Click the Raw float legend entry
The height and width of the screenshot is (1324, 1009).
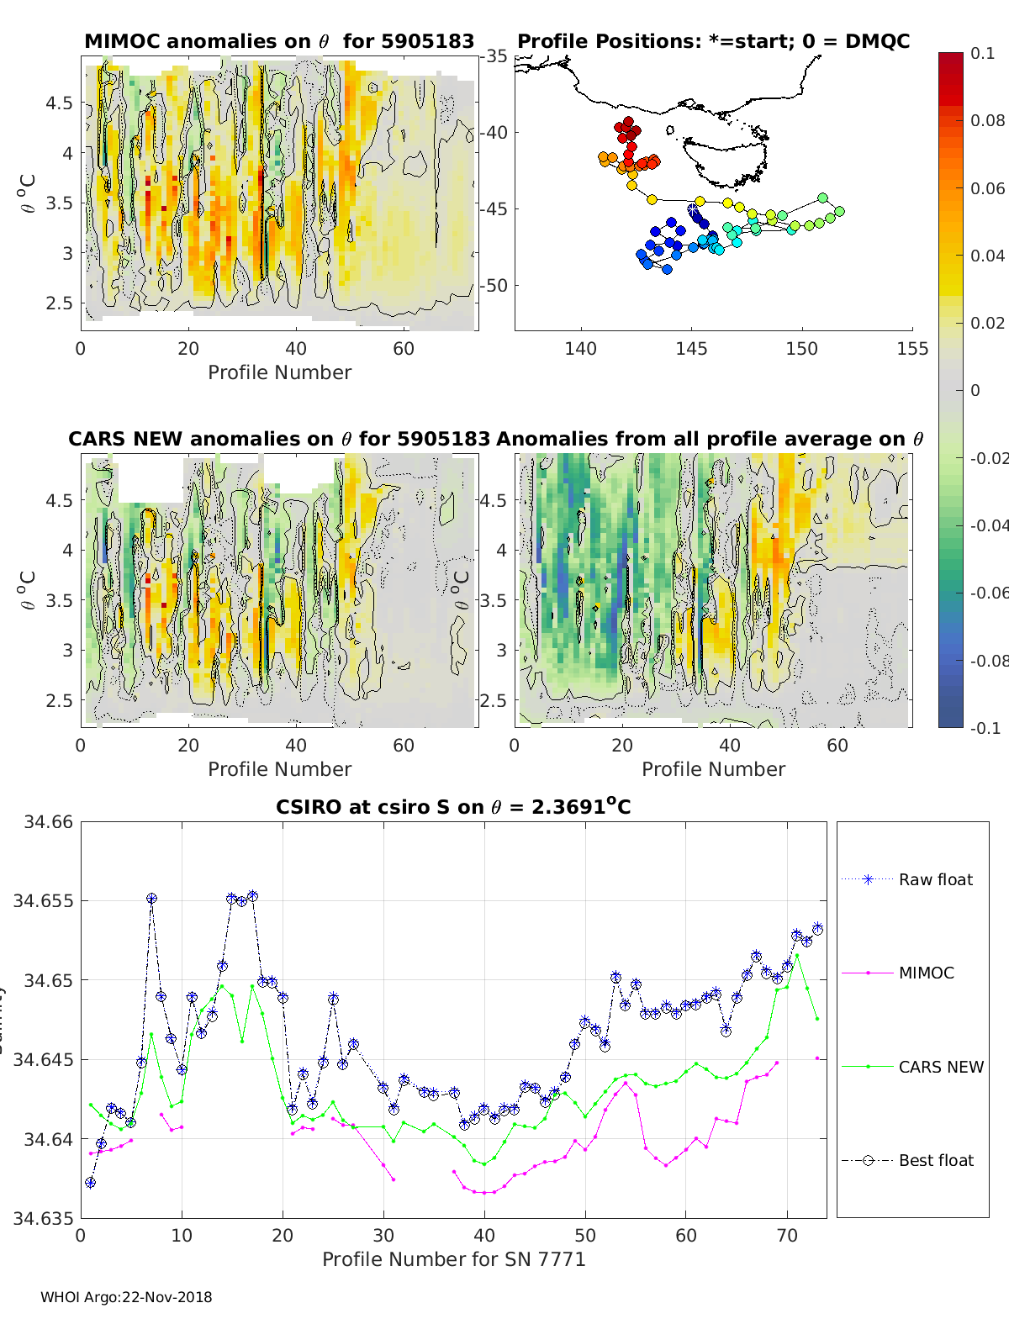coord(935,879)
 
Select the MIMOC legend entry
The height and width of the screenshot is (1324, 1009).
coord(926,973)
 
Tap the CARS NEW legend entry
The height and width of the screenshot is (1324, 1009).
coord(940,1067)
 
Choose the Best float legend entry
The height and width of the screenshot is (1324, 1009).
coord(935,1160)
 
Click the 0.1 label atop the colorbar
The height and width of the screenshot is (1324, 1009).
coord(982,53)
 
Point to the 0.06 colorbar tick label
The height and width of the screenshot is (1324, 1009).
coord(987,188)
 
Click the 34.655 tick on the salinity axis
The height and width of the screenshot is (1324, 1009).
coord(43,900)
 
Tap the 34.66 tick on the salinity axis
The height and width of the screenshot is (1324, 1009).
coord(48,821)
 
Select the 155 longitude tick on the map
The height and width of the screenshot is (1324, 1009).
coord(912,348)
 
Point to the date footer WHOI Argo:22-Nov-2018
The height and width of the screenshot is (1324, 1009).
coord(126,1297)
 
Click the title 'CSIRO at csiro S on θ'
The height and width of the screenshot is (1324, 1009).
coord(453,807)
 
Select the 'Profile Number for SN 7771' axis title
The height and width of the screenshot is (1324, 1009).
coord(453,1259)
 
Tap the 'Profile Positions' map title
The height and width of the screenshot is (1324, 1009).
coord(713,41)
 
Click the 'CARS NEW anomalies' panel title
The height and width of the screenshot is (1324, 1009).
coord(279,439)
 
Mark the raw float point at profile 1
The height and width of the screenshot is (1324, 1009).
coord(91,1182)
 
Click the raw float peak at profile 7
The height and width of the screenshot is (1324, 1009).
coord(151,898)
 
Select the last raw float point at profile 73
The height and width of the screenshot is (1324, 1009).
coord(817,928)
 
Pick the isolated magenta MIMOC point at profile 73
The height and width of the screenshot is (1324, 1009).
coord(817,1058)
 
